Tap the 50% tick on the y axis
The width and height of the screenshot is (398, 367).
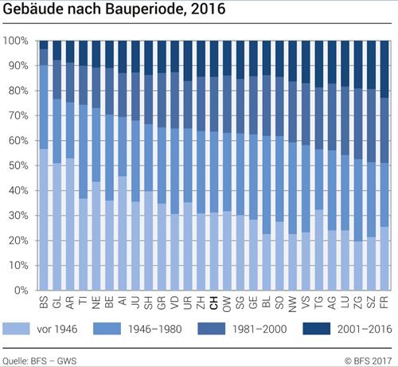[18, 166]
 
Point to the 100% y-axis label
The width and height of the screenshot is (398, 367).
[17, 41]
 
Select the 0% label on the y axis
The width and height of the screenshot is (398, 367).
[21, 291]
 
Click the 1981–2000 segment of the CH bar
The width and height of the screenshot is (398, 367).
[214, 104]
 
